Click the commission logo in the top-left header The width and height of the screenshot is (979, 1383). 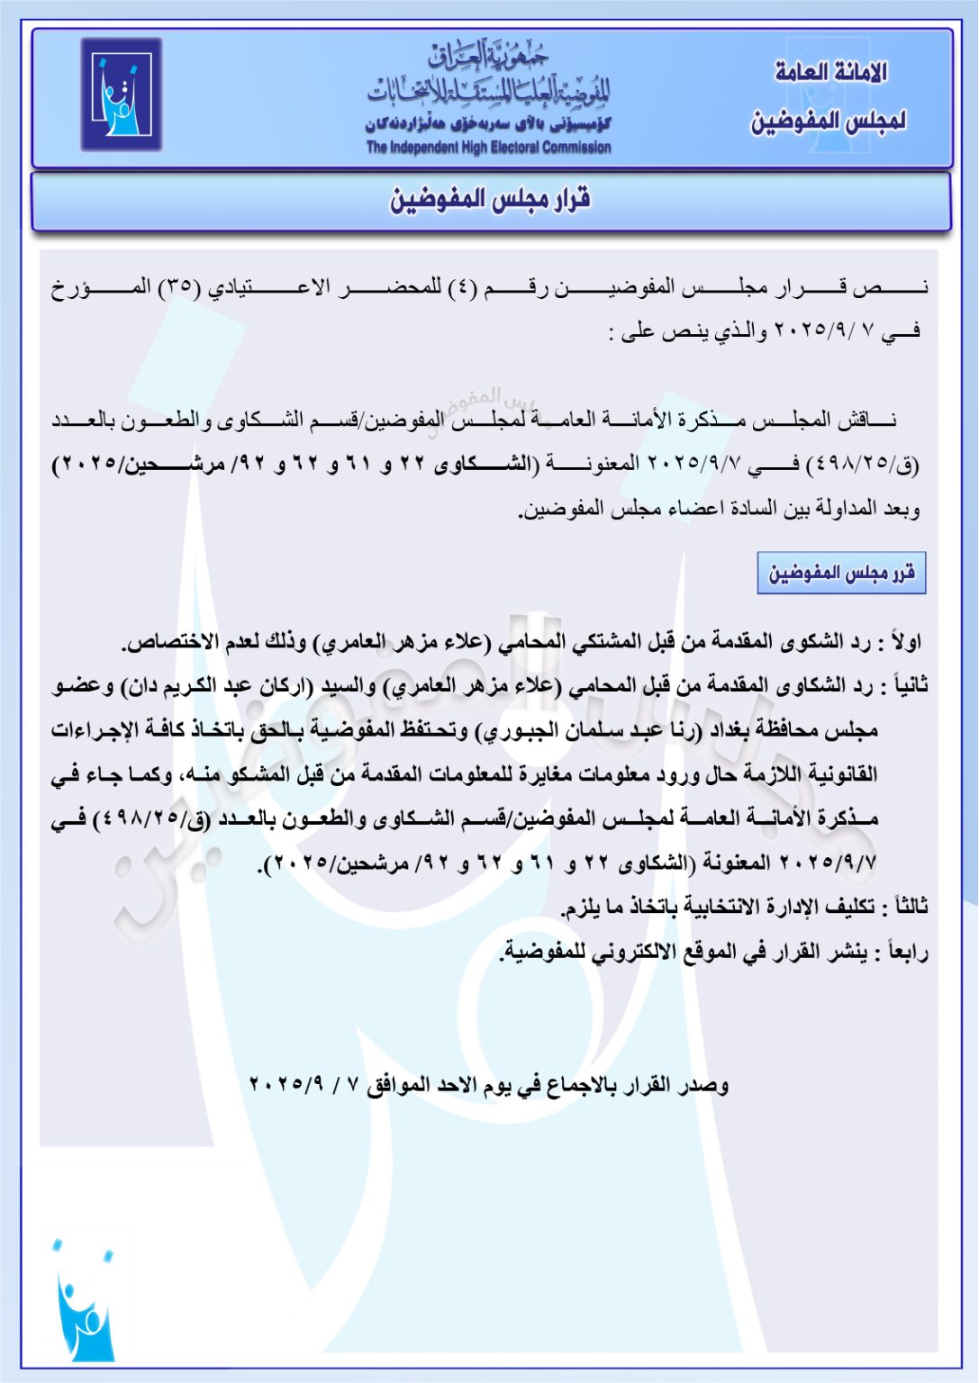point(121,95)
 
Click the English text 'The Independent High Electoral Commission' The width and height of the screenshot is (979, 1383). point(488,148)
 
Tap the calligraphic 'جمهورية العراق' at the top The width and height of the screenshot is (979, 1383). point(488,56)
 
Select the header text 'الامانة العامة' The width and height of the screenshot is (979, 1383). point(830,72)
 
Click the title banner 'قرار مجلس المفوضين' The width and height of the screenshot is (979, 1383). point(490,200)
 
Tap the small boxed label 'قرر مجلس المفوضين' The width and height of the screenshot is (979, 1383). point(841,574)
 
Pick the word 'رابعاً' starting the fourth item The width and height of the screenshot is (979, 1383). point(907,951)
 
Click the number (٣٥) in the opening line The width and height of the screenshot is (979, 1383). point(179,287)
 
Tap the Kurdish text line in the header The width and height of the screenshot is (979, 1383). point(488,124)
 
